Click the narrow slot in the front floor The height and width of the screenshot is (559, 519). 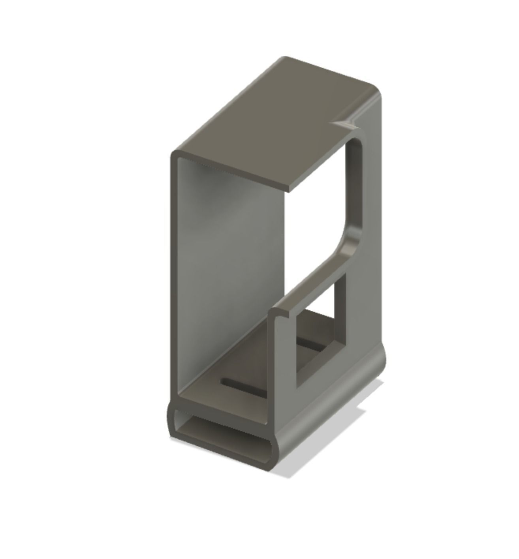[242, 388]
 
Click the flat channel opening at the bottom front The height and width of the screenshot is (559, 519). [223, 432]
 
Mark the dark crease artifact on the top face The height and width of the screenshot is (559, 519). [344, 124]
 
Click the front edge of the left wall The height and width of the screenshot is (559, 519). [174, 276]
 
